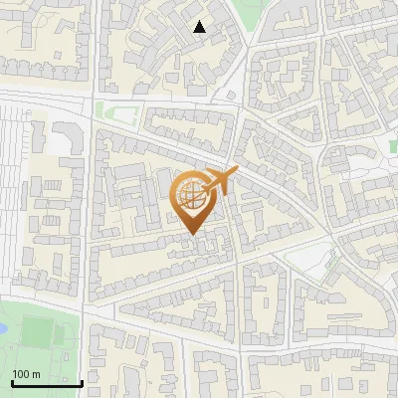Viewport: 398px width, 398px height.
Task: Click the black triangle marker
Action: [200, 28]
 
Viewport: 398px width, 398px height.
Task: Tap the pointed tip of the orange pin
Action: [192, 235]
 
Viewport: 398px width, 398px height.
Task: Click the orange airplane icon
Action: [221, 181]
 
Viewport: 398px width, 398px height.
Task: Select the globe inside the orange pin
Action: [191, 197]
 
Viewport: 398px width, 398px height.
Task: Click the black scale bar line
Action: [46, 382]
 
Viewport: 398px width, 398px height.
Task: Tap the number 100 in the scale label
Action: [21, 374]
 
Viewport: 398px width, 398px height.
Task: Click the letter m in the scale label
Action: [35, 374]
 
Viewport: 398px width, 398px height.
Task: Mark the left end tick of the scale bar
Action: [11, 380]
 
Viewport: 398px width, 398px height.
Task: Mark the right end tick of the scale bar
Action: [82, 380]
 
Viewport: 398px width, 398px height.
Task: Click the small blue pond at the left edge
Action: [3, 323]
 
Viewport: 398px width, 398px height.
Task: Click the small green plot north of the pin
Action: [117, 112]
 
